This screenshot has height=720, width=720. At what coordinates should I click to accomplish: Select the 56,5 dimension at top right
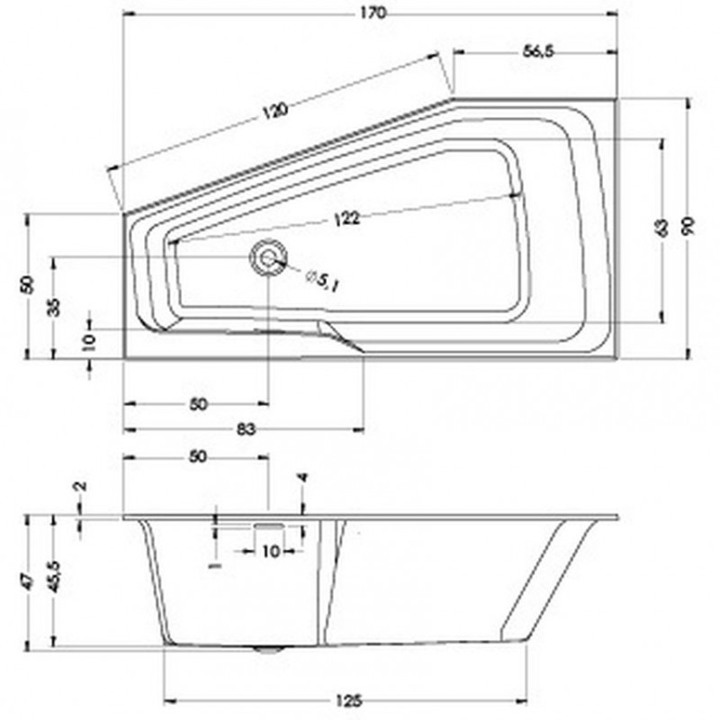(536, 52)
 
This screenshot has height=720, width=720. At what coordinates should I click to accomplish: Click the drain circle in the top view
(267, 258)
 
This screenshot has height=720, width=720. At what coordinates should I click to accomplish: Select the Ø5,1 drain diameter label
(321, 281)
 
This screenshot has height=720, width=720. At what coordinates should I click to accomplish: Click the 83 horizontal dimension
(245, 429)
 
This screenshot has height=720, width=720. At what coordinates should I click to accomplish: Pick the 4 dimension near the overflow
(303, 481)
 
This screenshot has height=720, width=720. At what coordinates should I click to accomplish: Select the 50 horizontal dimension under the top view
(199, 404)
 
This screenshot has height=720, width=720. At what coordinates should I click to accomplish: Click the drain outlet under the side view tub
(267, 647)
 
